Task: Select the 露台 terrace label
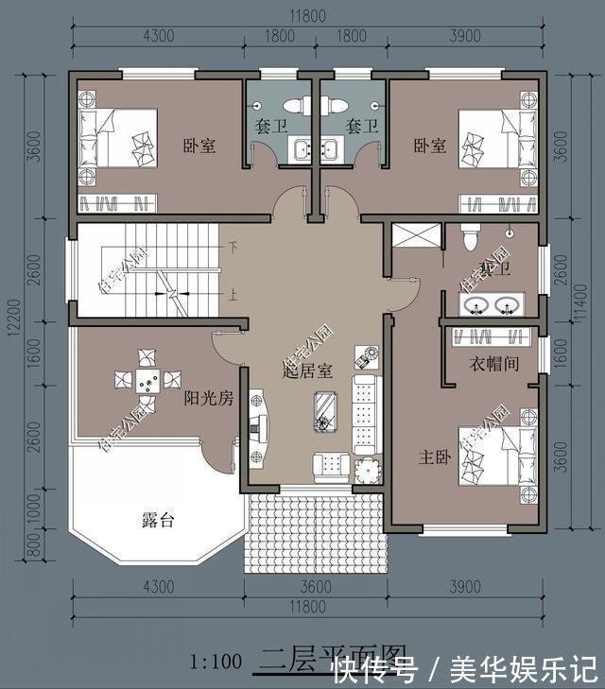pos(158,519)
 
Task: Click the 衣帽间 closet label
pos(493,364)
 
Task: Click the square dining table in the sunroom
pos(147,380)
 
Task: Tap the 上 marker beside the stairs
pos(232,294)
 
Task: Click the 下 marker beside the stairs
pos(232,247)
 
